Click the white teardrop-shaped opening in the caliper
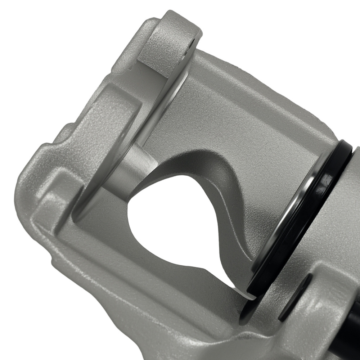tap(173, 223)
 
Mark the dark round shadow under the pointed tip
tap(248, 310)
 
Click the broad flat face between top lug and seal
tap(245, 108)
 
